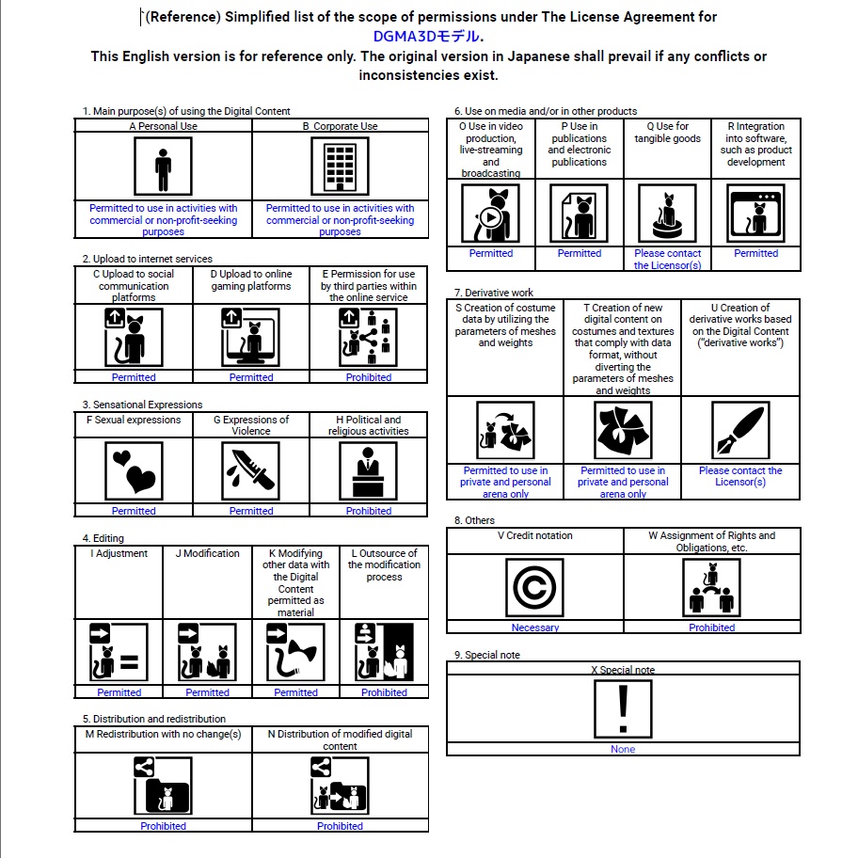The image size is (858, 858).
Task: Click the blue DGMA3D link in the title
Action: (x=427, y=37)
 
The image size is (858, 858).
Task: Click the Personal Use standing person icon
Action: (x=163, y=167)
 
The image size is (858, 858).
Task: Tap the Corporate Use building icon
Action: (x=340, y=167)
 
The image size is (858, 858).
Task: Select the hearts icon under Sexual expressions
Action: (x=134, y=469)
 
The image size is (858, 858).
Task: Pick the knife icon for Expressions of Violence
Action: (x=251, y=469)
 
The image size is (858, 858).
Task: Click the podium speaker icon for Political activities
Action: (x=368, y=469)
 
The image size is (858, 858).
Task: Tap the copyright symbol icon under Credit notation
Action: (x=534, y=588)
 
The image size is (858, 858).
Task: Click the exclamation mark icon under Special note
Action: (x=623, y=708)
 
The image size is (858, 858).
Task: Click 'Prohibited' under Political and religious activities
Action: (x=368, y=511)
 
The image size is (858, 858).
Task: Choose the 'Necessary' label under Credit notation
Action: (x=534, y=628)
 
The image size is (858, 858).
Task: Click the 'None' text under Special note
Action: (x=623, y=749)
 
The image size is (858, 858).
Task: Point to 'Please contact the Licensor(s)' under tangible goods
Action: (x=668, y=259)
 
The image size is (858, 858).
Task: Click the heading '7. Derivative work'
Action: (x=494, y=293)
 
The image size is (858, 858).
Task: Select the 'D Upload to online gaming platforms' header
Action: (x=251, y=280)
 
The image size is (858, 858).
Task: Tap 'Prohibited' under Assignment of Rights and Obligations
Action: (x=711, y=628)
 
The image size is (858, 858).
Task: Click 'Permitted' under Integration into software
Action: (x=755, y=253)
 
